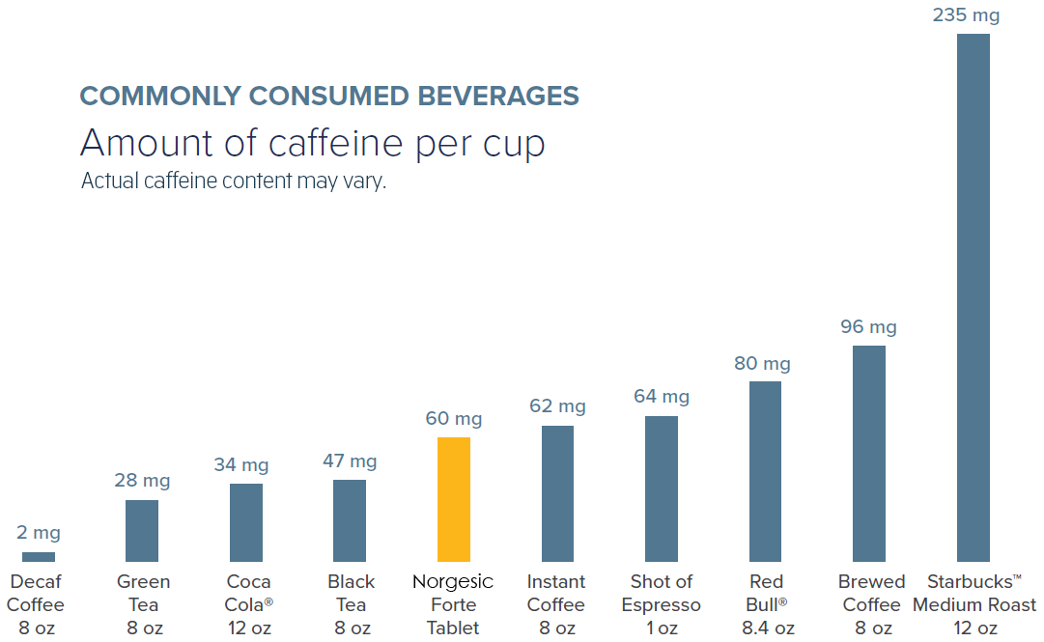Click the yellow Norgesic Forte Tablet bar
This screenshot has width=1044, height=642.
point(453,499)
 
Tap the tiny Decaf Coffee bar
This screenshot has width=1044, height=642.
point(39,556)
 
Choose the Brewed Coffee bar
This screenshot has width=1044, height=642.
point(869,453)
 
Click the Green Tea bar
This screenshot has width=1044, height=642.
point(142,530)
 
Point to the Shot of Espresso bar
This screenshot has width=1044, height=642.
point(661,488)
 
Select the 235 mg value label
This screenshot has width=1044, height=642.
point(966,15)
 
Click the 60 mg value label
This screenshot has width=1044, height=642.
point(453,419)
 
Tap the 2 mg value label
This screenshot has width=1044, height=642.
point(39,533)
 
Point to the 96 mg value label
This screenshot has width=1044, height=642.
point(868,327)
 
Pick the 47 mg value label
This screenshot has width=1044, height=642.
point(350,461)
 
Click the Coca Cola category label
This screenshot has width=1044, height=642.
point(249,594)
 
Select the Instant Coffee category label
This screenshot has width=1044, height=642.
point(556,594)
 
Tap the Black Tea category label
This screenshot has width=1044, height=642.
point(351,594)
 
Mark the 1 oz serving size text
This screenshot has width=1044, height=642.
point(661,628)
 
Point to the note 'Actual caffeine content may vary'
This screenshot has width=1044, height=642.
point(233,181)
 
